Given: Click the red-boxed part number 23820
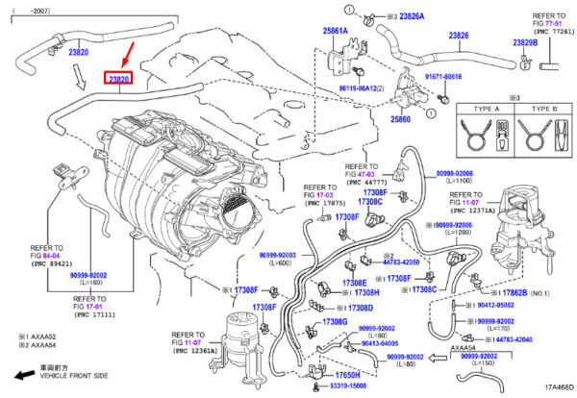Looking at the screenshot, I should point(119,78).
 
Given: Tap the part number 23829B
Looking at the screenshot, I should point(525,43).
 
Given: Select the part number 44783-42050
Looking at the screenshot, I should point(400,261).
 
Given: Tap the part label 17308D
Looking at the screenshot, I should point(358,308).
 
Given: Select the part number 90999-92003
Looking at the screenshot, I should point(278,256).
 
